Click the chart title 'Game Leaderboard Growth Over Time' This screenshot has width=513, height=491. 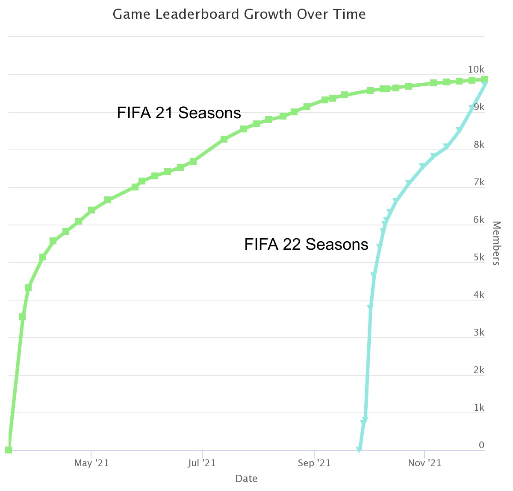coord(239,15)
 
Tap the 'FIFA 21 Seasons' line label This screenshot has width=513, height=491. coord(179,113)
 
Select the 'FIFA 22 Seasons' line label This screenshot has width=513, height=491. coord(306,244)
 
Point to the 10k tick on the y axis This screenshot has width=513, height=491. coord(476,70)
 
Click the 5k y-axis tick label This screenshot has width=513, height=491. coord(479,257)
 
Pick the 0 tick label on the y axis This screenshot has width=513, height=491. coord(481,445)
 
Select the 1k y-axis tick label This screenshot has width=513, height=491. coord(479,408)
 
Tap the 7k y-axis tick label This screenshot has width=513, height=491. coord(479,182)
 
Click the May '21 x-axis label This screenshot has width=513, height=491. coord(91,463)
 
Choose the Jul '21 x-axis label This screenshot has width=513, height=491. coord(202,463)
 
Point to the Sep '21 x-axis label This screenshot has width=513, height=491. coord(314,463)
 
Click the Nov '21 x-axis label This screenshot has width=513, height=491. coord(425,463)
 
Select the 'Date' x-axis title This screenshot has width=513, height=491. coord(246,479)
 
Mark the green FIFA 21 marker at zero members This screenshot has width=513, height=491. coord(9,450)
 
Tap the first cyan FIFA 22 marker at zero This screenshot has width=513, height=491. coord(359,450)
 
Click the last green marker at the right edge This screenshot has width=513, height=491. coord(485,79)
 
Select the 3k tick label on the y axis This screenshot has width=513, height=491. coord(479,333)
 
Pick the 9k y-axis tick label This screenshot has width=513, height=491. coord(479,107)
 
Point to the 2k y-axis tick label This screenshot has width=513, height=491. coord(479,370)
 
